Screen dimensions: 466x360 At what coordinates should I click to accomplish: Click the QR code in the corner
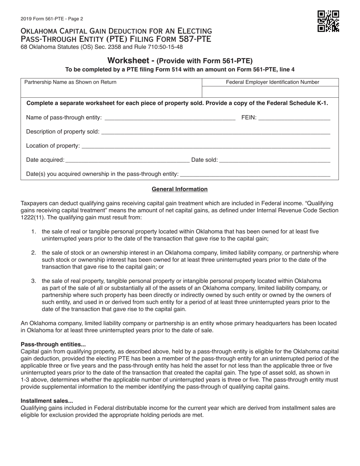pyautogui.click(x=328, y=22)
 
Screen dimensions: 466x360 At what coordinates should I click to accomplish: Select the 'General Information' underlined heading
pyautogui.click(x=180, y=189)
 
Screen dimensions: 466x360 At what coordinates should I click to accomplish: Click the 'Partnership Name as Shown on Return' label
pyautogui.click(x=70, y=82)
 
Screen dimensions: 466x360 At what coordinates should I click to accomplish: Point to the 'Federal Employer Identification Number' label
pyautogui.click(x=272, y=82)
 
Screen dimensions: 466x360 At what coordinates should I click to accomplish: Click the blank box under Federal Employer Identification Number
pyautogui.click(x=270, y=92)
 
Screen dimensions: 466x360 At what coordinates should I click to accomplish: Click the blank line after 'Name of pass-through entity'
pyautogui.click(x=170, y=117)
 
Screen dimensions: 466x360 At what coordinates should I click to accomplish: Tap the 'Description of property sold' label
pyautogui.click(x=63, y=131)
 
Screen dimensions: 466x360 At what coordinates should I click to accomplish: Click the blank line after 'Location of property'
pyautogui.click(x=206, y=146)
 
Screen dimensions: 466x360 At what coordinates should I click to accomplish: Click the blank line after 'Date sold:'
pyautogui.click(x=275, y=160)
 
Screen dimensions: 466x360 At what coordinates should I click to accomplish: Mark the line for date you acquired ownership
pyautogui.click(x=255, y=174)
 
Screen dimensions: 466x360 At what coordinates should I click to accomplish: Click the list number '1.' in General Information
pyautogui.click(x=34, y=231)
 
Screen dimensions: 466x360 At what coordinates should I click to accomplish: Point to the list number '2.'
pyautogui.click(x=34, y=253)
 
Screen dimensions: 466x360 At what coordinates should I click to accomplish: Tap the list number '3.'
pyautogui.click(x=34, y=281)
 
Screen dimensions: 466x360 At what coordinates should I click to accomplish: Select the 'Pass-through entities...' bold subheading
pyautogui.click(x=53, y=344)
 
